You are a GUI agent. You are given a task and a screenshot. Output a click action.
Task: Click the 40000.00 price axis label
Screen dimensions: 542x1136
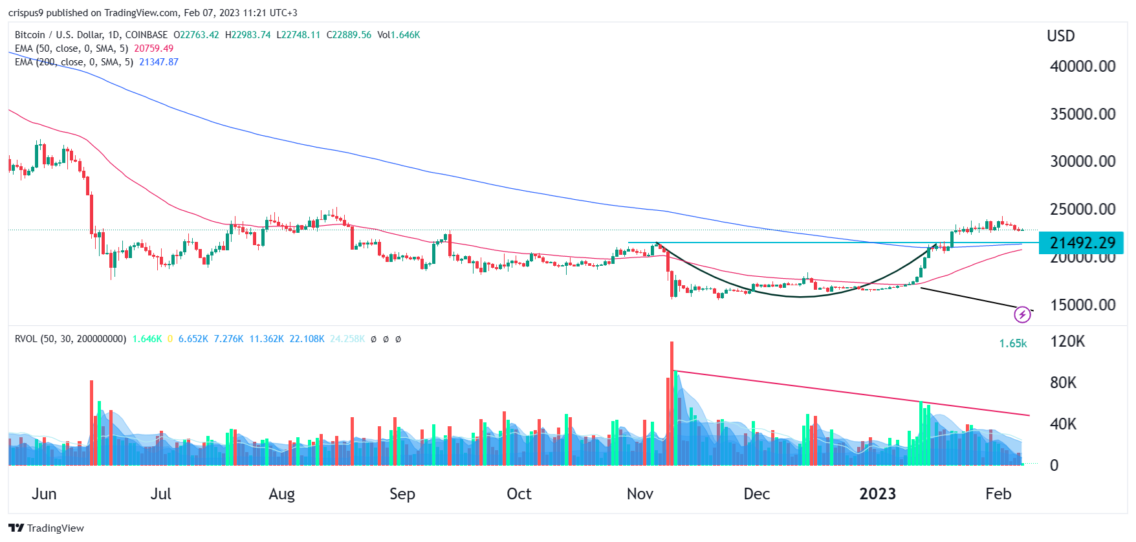[x=1082, y=66]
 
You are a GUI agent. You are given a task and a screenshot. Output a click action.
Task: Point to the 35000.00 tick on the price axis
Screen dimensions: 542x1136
[x=1082, y=114]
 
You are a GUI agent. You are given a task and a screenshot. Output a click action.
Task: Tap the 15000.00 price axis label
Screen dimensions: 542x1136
[x=1082, y=305]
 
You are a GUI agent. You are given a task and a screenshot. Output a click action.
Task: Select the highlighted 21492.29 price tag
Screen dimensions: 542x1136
[x=1082, y=243]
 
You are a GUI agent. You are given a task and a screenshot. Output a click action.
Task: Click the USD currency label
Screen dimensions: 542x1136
[x=1060, y=36]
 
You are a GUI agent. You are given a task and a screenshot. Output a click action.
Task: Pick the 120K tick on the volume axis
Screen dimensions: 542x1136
[x=1067, y=341]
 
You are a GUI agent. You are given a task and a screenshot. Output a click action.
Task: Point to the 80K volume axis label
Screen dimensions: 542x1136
[x=1063, y=383]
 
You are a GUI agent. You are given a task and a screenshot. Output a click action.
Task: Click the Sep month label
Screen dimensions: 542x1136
[x=402, y=494]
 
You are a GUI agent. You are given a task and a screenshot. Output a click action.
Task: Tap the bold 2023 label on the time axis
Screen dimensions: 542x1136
[x=877, y=494]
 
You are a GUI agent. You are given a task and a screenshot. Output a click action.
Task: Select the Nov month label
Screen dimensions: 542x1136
[x=640, y=494]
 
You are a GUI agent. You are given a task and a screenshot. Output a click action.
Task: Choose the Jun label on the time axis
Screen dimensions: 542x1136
[x=44, y=494]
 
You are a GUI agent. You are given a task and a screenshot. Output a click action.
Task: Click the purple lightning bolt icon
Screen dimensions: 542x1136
[x=1022, y=315]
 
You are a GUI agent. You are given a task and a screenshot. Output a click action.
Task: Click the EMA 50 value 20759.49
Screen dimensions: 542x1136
[x=153, y=49]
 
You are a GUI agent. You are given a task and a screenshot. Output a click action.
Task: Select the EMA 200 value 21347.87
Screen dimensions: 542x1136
[x=158, y=62]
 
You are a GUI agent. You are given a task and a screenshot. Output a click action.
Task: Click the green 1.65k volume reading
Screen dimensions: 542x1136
[x=1012, y=343]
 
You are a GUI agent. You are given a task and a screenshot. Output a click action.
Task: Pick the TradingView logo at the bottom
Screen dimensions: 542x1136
[x=46, y=528]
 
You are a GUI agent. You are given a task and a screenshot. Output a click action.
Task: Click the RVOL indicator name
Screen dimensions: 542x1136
[x=26, y=339]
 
